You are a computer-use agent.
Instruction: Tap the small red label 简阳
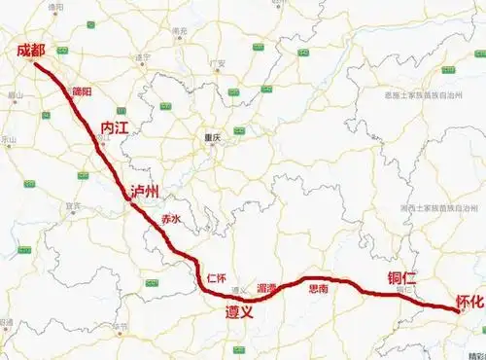point(82,91)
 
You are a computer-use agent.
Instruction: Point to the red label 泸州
point(145,190)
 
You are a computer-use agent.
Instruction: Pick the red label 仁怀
point(217,278)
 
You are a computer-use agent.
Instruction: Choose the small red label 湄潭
point(267,289)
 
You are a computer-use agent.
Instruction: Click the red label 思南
point(318,289)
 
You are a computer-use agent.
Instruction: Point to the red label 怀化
point(469,303)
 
